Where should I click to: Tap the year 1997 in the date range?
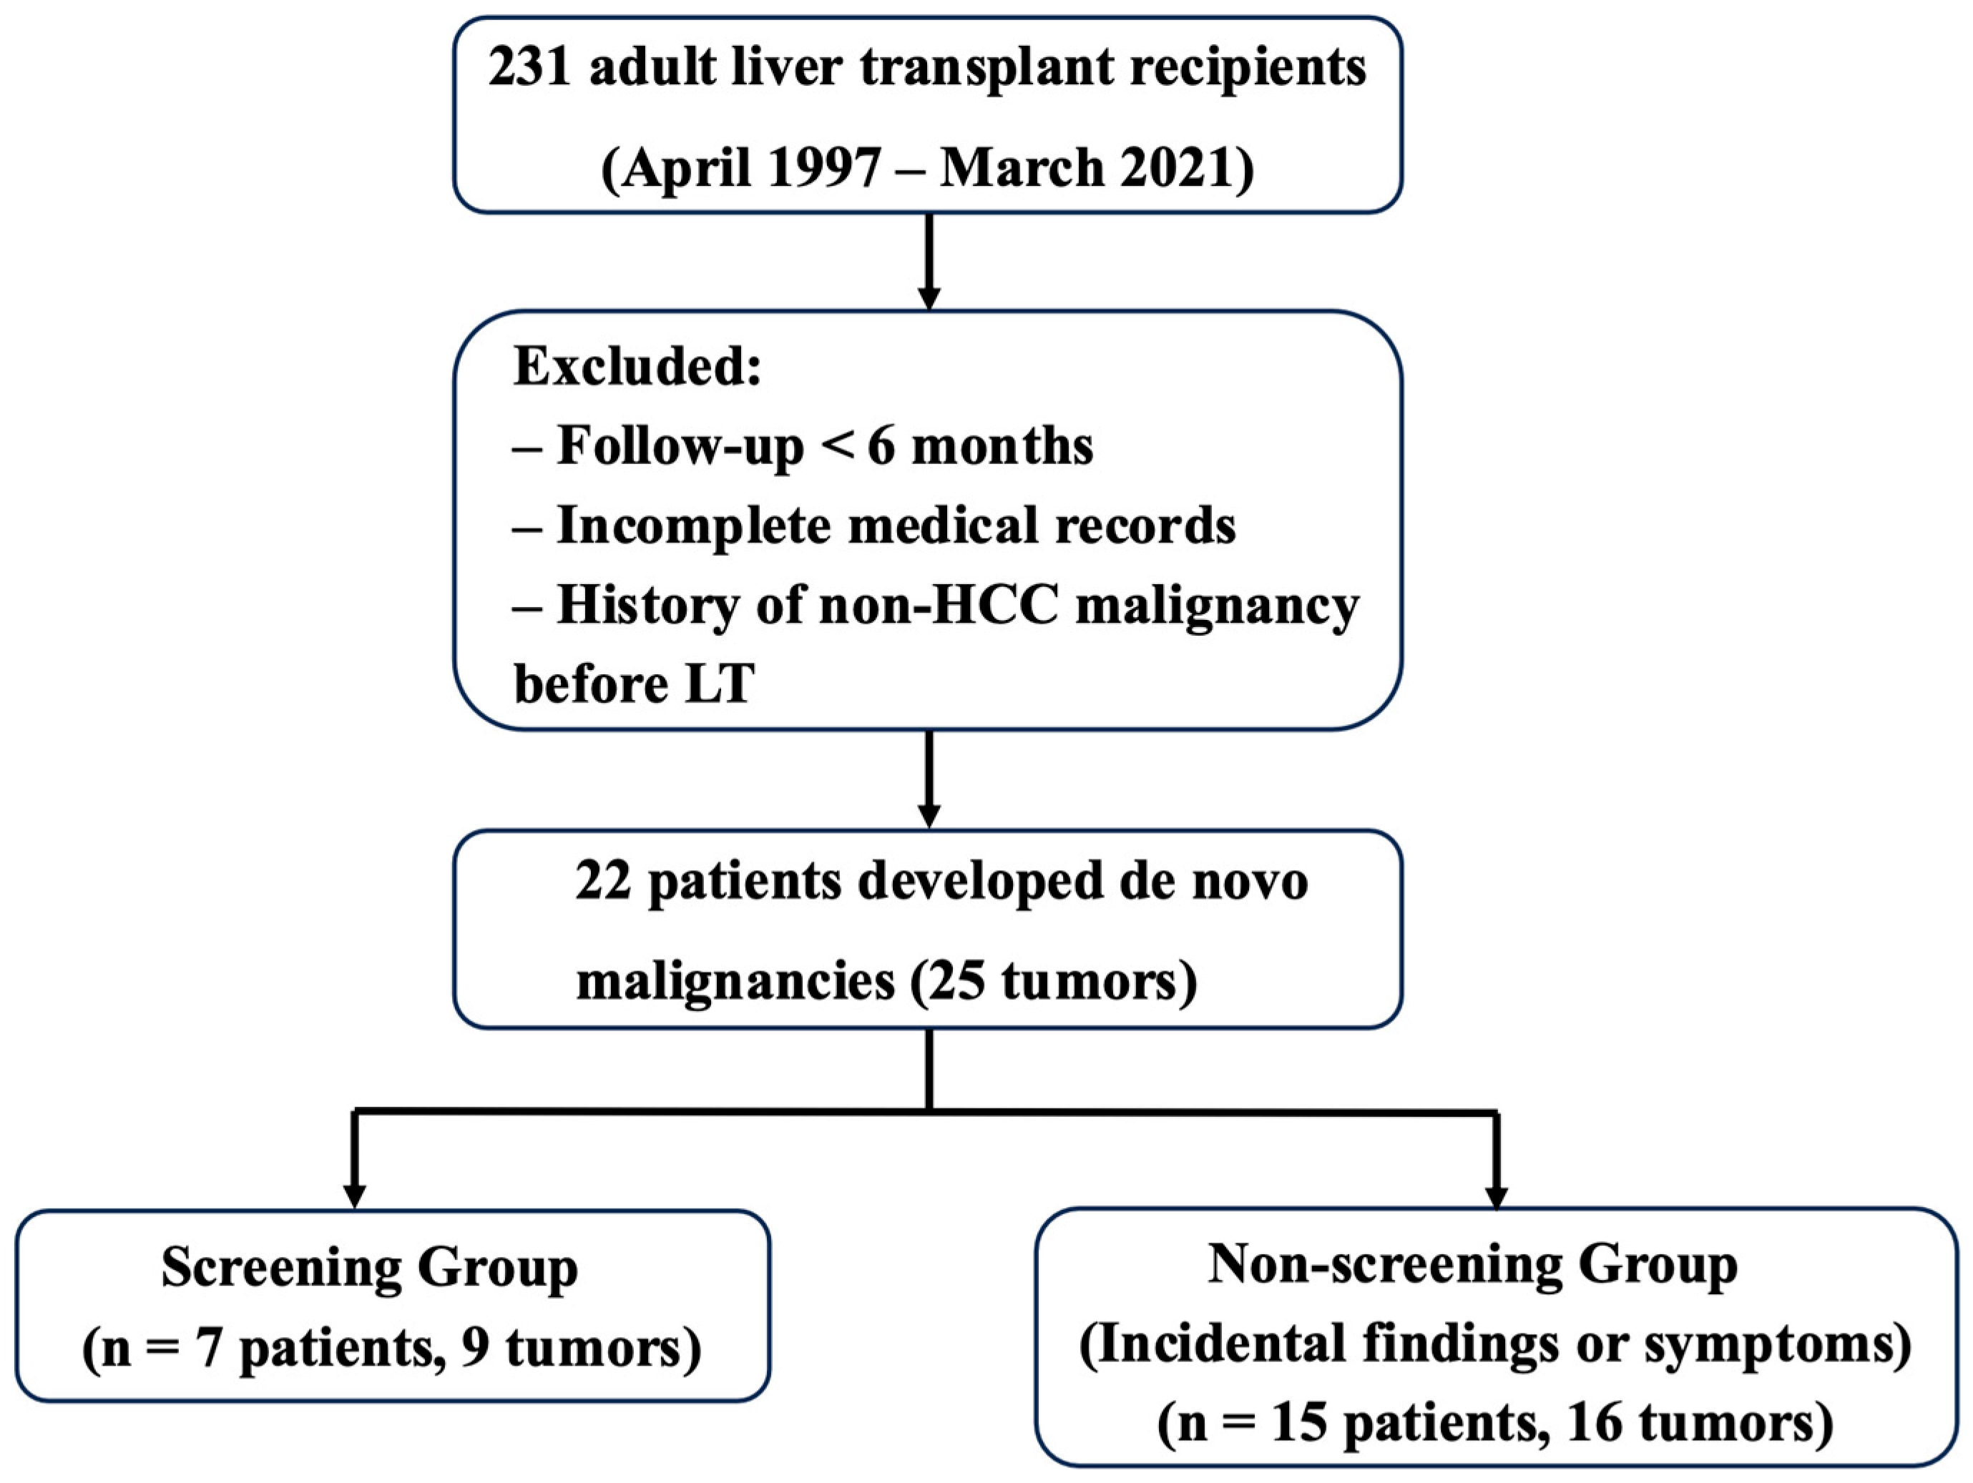823,167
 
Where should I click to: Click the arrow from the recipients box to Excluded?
929,263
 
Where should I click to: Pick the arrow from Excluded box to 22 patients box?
929,779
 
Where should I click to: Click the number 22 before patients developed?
602,881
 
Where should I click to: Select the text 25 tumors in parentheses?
1052,982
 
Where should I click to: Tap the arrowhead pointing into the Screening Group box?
355,1196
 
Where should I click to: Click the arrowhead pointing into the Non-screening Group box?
1497,1196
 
